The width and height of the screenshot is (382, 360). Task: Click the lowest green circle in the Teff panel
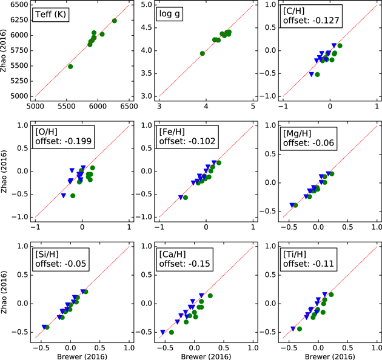tap(70, 67)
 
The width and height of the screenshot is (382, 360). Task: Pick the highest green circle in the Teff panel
tap(115, 21)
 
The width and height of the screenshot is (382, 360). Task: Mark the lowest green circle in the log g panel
tap(203, 53)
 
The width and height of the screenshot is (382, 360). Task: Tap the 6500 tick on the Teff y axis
tap(20, 4)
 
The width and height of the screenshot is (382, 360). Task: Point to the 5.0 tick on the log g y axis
tap(147, 4)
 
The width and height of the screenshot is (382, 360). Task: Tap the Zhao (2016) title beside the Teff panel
tap(5, 50)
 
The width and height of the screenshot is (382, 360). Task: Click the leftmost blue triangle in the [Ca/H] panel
tap(163, 332)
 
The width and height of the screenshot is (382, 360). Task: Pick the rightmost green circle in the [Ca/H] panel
tap(210, 296)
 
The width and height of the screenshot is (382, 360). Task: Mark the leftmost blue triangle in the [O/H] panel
tap(64, 195)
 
